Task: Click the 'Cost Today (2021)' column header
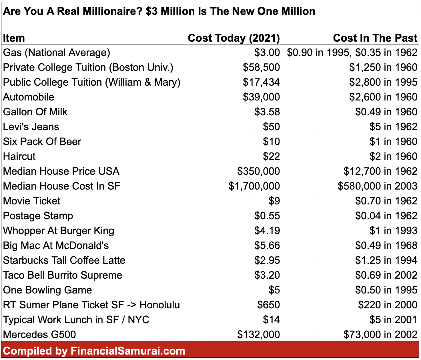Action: click(x=234, y=38)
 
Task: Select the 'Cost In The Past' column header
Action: click(x=375, y=38)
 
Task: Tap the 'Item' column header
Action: click(x=14, y=38)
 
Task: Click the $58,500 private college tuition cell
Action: click(x=261, y=67)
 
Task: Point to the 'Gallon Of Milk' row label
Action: click(x=35, y=112)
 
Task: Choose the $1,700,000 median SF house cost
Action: click(x=254, y=186)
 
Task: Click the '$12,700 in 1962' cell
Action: click(x=380, y=171)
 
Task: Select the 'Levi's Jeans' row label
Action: click(x=31, y=127)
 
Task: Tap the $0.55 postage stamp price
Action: click(x=267, y=216)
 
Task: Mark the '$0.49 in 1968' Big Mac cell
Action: click(x=386, y=246)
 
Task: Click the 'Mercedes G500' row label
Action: click(x=39, y=335)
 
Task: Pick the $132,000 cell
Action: click(x=258, y=335)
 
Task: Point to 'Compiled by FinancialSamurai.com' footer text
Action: click(x=94, y=351)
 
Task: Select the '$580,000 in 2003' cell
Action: click(x=377, y=186)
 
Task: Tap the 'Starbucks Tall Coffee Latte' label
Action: click(x=64, y=260)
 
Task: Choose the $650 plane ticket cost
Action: click(x=268, y=305)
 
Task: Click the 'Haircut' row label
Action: click(x=19, y=156)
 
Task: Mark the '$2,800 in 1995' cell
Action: click(x=383, y=82)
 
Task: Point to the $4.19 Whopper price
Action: click(x=267, y=231)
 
